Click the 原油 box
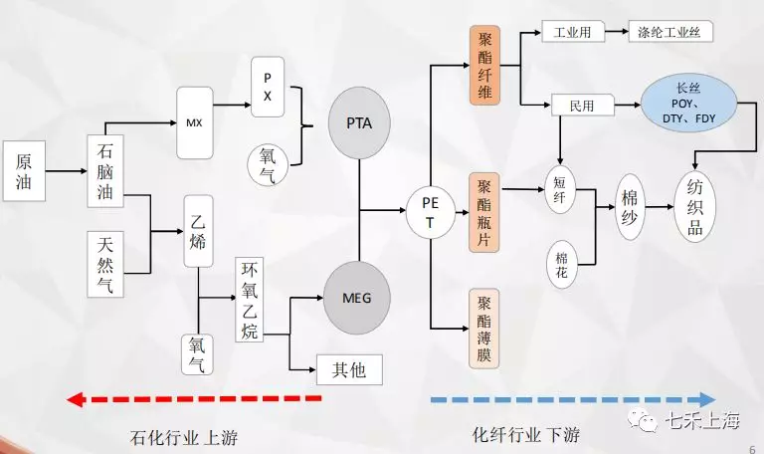pyautogui.click(x=24, y=171)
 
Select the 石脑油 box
pyautogui.click(x=105, y=171)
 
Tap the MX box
pyautogui.click(x=195, y=122)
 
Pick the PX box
pyautogui.click(x=268, y=87)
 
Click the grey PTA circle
pyautogui.click(x=359, y=122)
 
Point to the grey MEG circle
pyautogui.click(x=357, y=298)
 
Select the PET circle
pyautogui.click(x=430, y=213)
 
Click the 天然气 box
pyautogui.click(x=105, y=264)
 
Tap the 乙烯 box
pyautogui.click(x=198, y=231)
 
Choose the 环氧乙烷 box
pyautogui.click(x=250, y=300)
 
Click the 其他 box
pyautogui.click(x=349, y=370)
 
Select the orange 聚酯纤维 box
pyautogui.click(x=484, y=66)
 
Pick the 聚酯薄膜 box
pyautogui.click(x=484, y=329)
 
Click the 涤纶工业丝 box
pyautogui.click(x=670, y=32)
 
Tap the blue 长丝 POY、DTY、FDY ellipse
pyautogui.click(x=689, y=104)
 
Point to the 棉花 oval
pyautogui.click(x=562, y=264)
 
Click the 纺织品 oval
pyautogui.click(x=694, y=207)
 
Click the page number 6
pyautogui.click(x=753, y=449)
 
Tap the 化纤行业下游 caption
pyautogui.click(x=526, y=434)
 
